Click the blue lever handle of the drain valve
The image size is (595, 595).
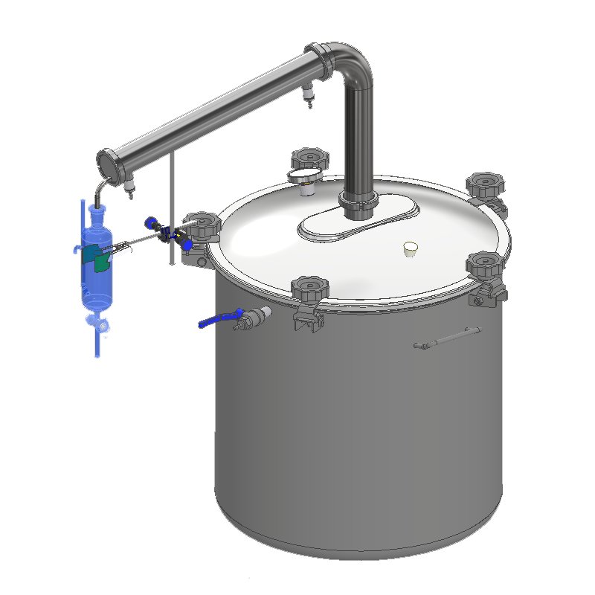click(216, 321)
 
